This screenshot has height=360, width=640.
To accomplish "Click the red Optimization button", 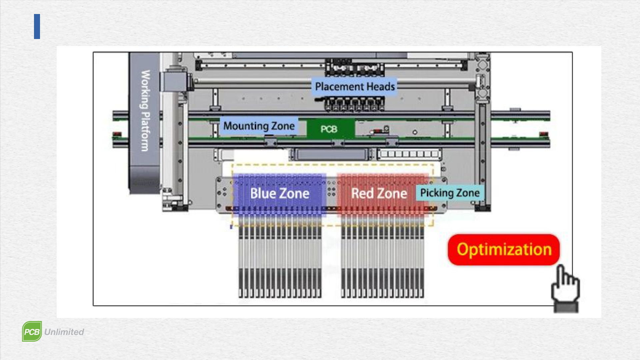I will pos(504,250).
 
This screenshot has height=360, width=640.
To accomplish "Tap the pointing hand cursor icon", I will pos(565,288).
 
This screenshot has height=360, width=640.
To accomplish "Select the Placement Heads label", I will pos(355,87).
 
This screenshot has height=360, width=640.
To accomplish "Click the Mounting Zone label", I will pos(259,126).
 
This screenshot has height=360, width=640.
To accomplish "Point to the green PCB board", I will pos(329,129).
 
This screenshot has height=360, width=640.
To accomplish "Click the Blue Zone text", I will pos(280,194).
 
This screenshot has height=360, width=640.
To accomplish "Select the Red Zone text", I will pos(379,194).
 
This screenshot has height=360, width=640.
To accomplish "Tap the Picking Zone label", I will pos(450,193).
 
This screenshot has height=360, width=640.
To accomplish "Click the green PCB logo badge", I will pos(32,332).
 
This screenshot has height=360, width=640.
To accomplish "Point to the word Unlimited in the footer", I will pos(64,332).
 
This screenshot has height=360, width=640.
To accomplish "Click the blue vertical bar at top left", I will pos(37,26).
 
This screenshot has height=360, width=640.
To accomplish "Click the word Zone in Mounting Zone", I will pos(283,126).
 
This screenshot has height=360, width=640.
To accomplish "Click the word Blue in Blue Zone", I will pos(263,194).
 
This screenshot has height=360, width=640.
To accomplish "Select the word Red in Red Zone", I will pos(362,194).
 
